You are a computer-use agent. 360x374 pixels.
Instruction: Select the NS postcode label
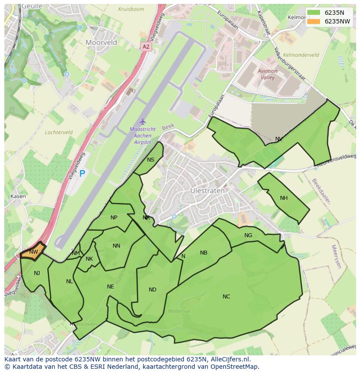coord(150,160)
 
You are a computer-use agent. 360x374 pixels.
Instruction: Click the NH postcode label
coord(284,198)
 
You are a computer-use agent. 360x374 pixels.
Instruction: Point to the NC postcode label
coord(226,297)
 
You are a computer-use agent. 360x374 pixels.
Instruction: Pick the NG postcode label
coord(248,235)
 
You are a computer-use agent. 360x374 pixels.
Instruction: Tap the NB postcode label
coord(203,253)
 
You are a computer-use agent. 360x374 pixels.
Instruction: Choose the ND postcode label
coord(152,290)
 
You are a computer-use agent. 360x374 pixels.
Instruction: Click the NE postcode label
coord(110,287)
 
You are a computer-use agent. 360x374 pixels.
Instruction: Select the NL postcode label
coord(70,281)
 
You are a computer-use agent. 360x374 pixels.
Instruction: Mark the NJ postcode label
coord(37,273)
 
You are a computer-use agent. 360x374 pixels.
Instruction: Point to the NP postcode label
coord(114,218)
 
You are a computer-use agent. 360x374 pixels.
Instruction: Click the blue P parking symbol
coord(82,174)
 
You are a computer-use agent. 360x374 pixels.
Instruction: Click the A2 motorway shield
coord(146,46)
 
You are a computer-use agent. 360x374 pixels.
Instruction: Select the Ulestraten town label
coord(208,191)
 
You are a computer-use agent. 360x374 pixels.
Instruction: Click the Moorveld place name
coord(101,43)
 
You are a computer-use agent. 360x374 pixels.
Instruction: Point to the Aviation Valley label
coord(267,74)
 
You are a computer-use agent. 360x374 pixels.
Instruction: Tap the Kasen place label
coord(18,196)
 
